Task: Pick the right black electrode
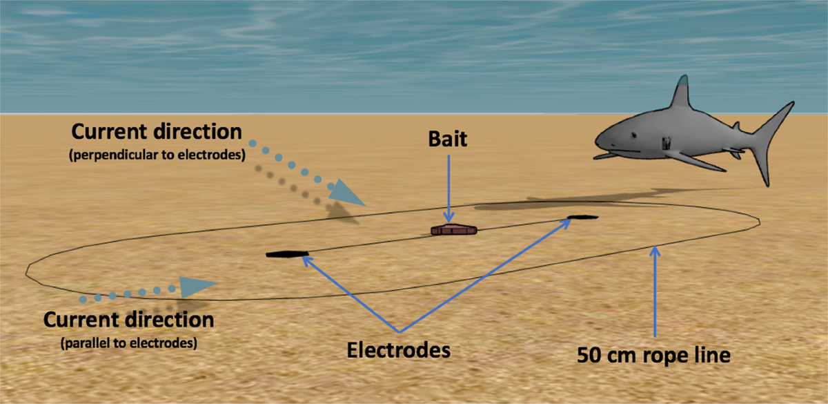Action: pos(582,218)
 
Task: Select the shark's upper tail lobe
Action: pos(780,120)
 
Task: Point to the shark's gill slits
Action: pos(666,144)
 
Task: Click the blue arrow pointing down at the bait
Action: pos(448,186)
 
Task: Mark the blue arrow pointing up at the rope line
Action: pos(655,290)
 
